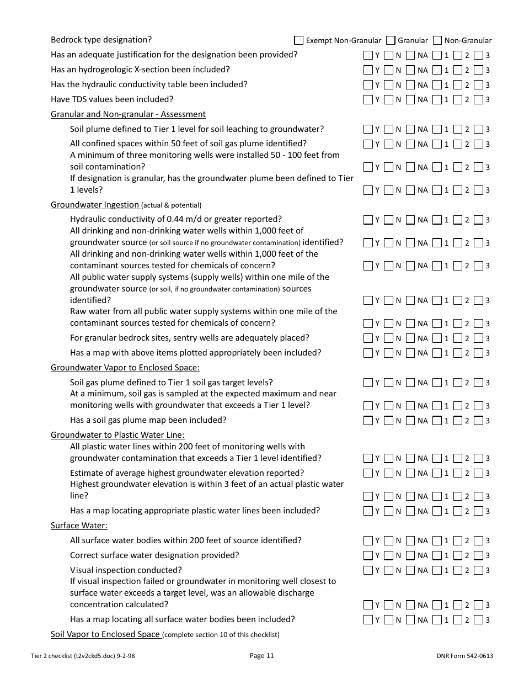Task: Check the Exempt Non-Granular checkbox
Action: pos(299,40)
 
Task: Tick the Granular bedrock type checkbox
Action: pos(391,40)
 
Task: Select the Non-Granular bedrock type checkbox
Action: pos(437,40)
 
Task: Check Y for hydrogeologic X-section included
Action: pos(368,70)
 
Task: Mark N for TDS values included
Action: pos(389,100)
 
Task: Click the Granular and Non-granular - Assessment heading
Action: pos(128,114)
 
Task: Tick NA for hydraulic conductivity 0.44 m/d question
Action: pos(410,220)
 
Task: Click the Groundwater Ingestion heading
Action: pos(95,205)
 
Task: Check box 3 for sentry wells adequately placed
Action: pos(478,338)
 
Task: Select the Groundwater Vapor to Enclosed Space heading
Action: pos(125,368)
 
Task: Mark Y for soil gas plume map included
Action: pos(368,420)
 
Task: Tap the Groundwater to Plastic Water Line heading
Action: pos(117,435)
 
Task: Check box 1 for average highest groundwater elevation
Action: pos(437,473)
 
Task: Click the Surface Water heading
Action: pos(79,526)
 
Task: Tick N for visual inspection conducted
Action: pos(389,570)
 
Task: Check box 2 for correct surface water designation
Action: pos(457,555)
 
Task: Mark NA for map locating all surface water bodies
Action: pos(410,619)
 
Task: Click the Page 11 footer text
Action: pos(261,656)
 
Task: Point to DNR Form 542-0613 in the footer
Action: pos(464,656)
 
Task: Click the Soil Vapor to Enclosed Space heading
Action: pos(105,634)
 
